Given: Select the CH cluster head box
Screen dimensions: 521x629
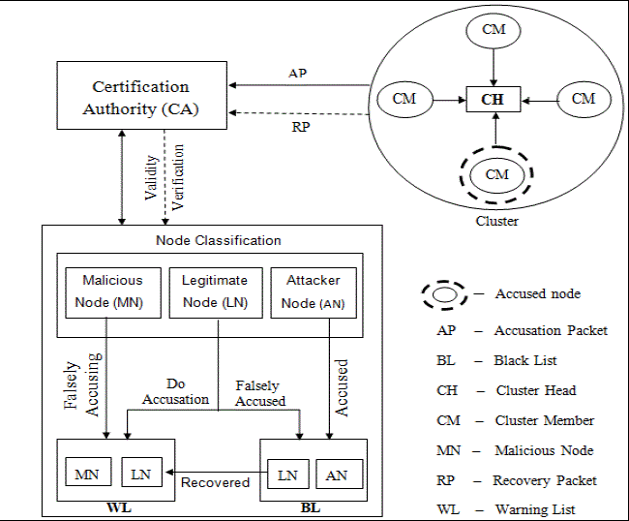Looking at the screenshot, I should coord(493,98).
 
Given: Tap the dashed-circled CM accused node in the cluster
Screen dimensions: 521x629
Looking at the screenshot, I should coord(496,174).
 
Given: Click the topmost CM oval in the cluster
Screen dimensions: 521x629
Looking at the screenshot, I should coord(494,30).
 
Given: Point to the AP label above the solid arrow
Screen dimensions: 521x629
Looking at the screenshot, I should coord(299,75).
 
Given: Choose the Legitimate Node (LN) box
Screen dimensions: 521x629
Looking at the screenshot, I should coord(215,291).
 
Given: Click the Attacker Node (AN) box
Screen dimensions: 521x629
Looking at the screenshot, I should coord(313,291).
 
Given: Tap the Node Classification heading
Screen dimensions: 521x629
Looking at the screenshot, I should coord(219,240).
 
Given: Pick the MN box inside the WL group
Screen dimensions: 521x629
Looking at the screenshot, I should coord(87,474).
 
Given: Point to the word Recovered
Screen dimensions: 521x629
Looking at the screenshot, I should coord(215,481).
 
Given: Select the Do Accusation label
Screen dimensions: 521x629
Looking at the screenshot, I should coord(175,391).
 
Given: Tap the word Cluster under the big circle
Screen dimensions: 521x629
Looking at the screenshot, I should coord(496,221).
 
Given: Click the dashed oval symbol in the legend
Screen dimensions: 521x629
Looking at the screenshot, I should coord(447,294).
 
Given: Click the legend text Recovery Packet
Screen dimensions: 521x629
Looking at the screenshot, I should coord(545,480).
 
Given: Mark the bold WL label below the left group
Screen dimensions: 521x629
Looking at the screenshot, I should coord(116,508).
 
